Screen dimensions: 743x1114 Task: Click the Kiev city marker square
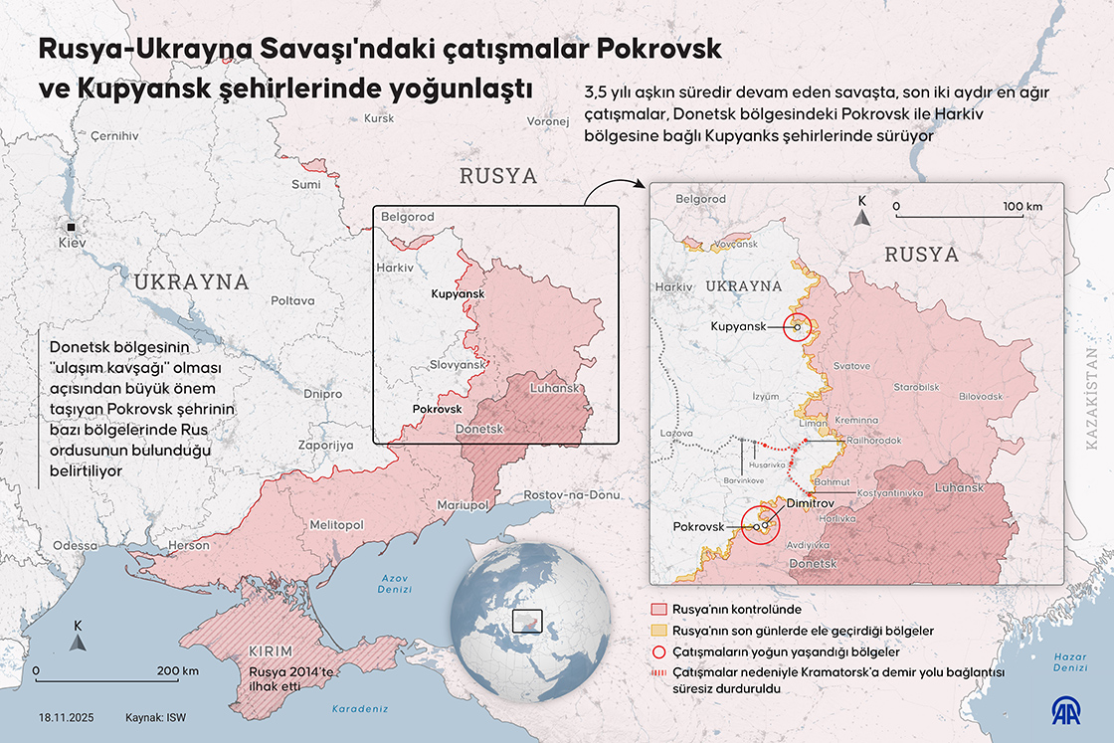(x=71, y=225)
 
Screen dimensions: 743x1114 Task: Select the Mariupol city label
(x=462, y=505)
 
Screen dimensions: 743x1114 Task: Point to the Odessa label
(x=76, y=546)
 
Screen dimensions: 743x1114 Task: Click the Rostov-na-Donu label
(x=572, y=495)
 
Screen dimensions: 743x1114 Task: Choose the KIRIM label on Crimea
(x=271, y=651)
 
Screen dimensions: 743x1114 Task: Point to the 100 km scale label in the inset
(x=1021, y=207)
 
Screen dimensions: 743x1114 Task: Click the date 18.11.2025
(x=68, y=717)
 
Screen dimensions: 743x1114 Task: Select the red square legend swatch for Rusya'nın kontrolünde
(x=657, y=609)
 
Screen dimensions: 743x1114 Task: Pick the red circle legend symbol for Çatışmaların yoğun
(x=657, y=652)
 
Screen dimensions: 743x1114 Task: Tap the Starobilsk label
(x=916, y=386)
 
